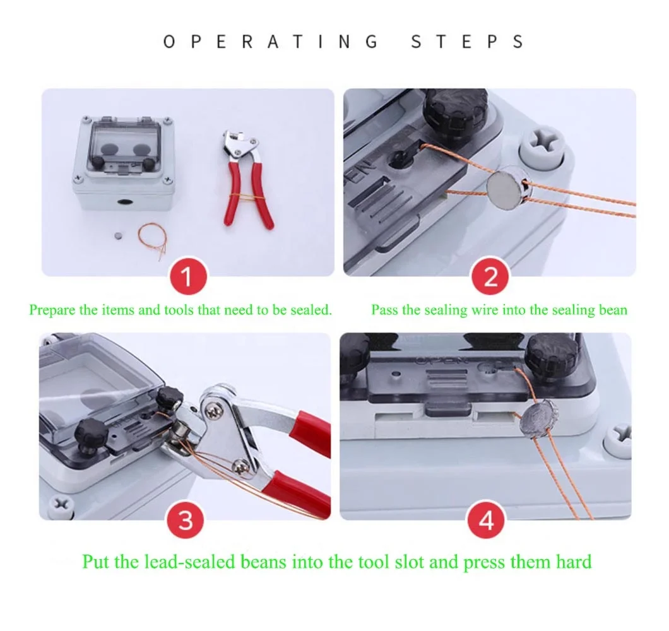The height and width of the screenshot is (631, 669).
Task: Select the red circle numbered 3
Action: pos(185,520)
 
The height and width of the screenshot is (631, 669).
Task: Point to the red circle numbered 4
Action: pos(487,520)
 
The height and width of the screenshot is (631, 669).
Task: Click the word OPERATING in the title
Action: pos(271,42)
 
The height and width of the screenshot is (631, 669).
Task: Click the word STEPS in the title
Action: pos(468,42)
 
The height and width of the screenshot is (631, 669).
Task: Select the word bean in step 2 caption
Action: pos(613,310)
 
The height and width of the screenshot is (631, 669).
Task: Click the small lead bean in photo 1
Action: pos(119,235)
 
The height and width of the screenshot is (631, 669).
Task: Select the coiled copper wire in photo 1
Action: pos(153,240)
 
